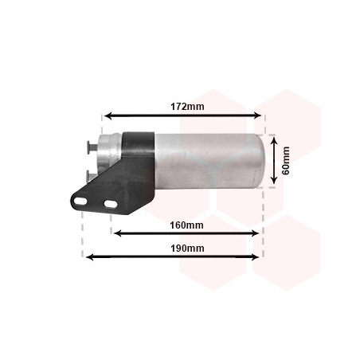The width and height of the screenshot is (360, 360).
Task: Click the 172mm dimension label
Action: pyautogui.click(x=187, y=107)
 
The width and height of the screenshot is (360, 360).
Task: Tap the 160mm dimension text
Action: pyautogui.click(x=186, y=225)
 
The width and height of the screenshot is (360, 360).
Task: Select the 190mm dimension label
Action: pyautogui.click(x=187, y=248)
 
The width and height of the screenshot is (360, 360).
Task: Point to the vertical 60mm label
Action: pyautogui.click(x=286, y=160)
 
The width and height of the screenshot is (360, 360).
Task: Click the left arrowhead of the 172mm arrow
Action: pyautogui.click(x=108, y=115)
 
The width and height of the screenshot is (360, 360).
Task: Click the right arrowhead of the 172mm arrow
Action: pyautogui.click(x=258, y=115)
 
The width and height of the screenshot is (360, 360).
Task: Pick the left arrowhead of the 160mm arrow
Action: pyautogui.click(x=117, y=233)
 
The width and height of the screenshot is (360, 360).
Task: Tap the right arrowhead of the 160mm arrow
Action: pyautogui.click(x=255, y=233)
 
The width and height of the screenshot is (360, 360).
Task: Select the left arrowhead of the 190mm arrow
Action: pyautogui.click(x=90, y=256)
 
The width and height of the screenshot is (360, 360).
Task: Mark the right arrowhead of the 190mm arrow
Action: pyautogui.click(x=255, y=256)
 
